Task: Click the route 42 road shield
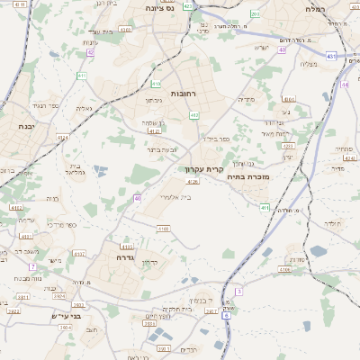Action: pos(91,52)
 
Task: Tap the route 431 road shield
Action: pos(331,56)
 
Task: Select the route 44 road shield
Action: pos(283,49)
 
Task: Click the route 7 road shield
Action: pos(31,266)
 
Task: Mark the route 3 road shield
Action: pos(238,291)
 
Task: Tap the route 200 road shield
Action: pos(255,14)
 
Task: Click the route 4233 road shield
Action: pos(288,145)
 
